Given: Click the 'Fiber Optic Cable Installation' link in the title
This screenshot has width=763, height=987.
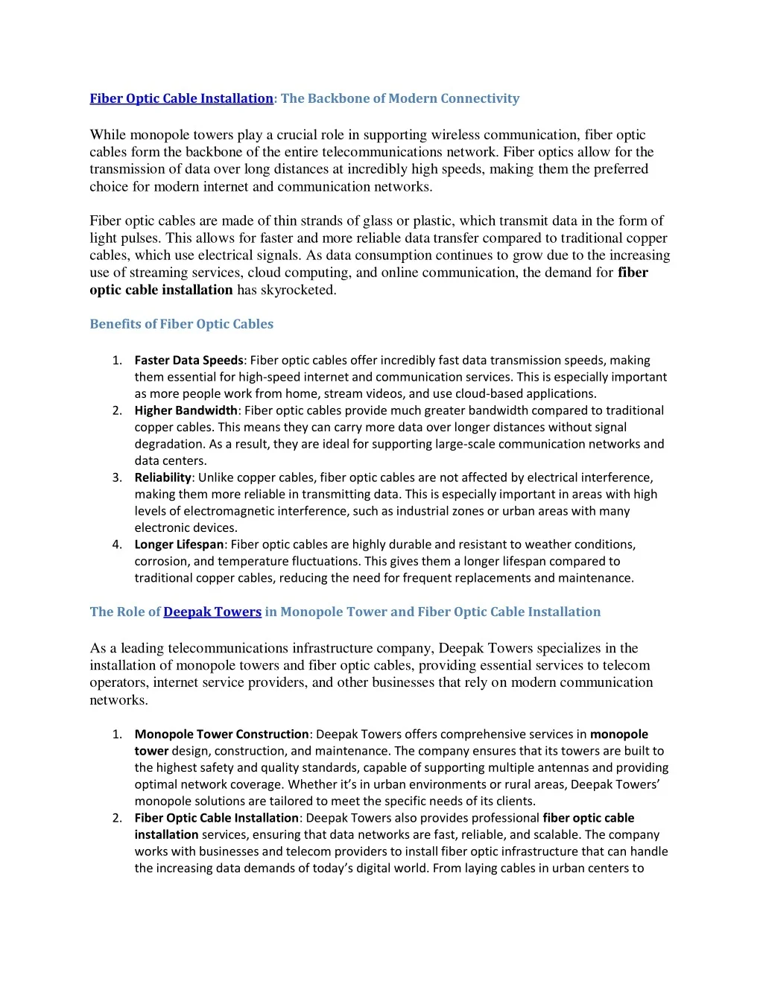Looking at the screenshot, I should pos(181,98).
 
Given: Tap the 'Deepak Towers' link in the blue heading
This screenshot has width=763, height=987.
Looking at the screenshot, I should pos(212,612).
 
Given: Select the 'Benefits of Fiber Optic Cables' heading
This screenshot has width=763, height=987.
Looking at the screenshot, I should pos(181,324).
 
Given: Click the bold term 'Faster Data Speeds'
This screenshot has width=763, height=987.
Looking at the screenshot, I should pos(189,361).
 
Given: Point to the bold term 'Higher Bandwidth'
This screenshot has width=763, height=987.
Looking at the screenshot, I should pos(186,410).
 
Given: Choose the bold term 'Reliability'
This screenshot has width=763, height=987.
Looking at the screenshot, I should pos(162,477).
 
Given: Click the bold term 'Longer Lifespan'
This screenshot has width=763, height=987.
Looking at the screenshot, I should pos(179,545).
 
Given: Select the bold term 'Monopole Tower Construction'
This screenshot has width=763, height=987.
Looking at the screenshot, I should pos(221,734).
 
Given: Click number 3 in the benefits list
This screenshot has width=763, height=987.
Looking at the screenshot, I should pos(117,477).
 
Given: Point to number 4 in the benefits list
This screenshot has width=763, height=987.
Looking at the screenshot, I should pos(117,545).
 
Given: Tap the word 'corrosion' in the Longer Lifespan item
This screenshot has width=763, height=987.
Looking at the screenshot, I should pos(161,562).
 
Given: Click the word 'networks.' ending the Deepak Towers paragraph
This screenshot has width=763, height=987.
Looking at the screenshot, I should pos(118,700).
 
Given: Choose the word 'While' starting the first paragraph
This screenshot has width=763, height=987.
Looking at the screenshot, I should pos(108,135).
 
